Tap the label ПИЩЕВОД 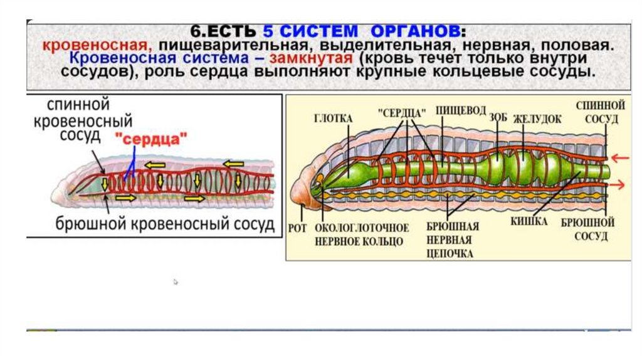(x=461, y=111)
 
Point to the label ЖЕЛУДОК (x=537, y=119)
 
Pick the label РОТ (x=298, y=228)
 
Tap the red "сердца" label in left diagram (x=150, y=139)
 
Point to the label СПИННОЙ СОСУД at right (x=600, y=111)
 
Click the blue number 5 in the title (x=285, y=31)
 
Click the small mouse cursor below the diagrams (x=176, y=282)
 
